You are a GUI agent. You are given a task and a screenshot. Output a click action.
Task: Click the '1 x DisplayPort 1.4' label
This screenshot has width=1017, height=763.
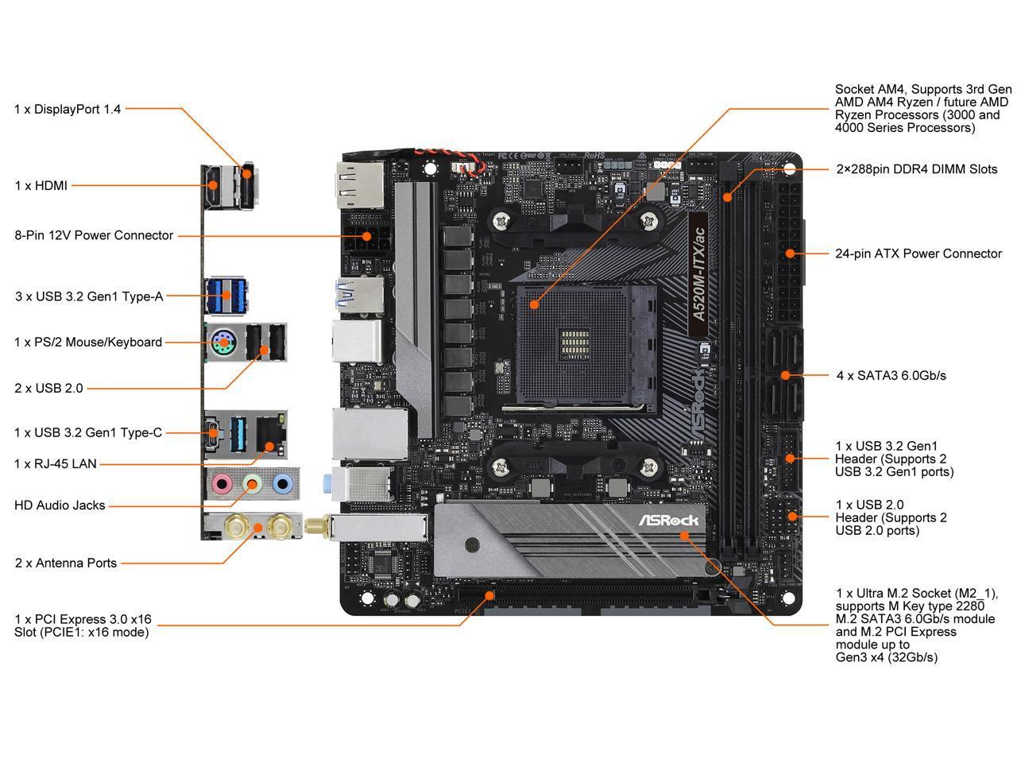[x=68, y=109]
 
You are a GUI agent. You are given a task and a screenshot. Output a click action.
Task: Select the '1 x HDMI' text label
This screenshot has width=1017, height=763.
[x=41, y=185]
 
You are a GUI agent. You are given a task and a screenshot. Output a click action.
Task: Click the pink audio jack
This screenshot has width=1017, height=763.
[x=222, y=482]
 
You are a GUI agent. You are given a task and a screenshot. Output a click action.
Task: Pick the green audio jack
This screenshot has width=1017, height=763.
[x=252, y=482]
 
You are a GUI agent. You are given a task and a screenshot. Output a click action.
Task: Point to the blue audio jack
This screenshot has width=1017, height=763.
[x=281, y=482]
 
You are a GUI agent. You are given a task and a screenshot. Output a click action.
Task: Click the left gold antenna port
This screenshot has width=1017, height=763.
[x=237, y=525]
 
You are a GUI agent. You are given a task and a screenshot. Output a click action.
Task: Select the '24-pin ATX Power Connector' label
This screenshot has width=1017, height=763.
[x=918, y=254]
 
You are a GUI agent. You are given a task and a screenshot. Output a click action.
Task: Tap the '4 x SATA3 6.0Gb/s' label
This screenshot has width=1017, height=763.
[x=891, y=375]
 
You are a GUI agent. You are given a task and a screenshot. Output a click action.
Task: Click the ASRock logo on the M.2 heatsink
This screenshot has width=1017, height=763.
[x=669, y=520]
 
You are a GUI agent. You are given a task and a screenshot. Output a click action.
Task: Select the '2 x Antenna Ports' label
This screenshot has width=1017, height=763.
[x=65, y=563]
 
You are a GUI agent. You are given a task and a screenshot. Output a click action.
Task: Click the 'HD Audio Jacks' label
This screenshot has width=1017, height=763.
[x=60, y=505]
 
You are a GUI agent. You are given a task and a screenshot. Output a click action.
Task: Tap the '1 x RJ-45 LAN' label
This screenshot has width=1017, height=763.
[x=55, y=463]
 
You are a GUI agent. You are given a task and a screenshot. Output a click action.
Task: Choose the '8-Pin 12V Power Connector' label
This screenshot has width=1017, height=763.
[x=94, y=235]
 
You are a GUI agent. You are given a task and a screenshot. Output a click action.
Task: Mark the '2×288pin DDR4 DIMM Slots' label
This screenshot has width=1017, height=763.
[x=916, y=169]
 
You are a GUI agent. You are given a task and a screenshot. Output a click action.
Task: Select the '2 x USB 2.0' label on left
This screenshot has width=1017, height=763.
[x=48, y=388]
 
